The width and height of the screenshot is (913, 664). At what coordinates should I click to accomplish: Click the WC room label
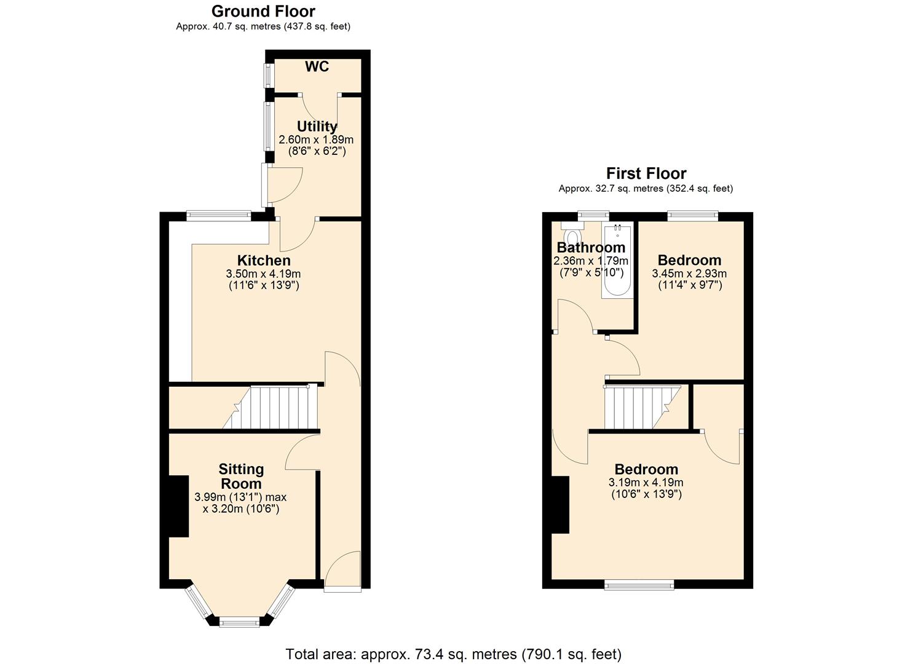[317, 67]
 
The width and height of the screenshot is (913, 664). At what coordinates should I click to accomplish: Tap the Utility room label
[317, 127]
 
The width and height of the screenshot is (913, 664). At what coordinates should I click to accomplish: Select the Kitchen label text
[264, 261]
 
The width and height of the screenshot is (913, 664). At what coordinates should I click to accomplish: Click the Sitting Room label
[241, 476]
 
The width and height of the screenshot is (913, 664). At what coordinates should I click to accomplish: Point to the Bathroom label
[591, 248]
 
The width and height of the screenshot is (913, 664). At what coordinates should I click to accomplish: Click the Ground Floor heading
[263, 12]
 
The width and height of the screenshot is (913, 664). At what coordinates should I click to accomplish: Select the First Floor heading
[646, 173]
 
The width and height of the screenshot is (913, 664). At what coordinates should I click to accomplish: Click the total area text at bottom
[453, 654]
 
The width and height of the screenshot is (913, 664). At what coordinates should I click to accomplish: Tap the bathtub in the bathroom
[617, 262]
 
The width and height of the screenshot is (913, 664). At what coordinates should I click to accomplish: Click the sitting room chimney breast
[178, 507]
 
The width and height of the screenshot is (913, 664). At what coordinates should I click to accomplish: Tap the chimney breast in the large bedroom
[560, 505]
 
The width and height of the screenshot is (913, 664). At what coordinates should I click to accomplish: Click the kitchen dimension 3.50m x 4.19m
[263, 274]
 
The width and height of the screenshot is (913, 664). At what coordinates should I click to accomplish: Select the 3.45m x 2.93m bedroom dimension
[689, 274]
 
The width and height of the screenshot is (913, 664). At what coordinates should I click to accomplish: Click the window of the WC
[268, 76]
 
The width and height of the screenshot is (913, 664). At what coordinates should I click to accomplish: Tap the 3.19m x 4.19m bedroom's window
[639, 585]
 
